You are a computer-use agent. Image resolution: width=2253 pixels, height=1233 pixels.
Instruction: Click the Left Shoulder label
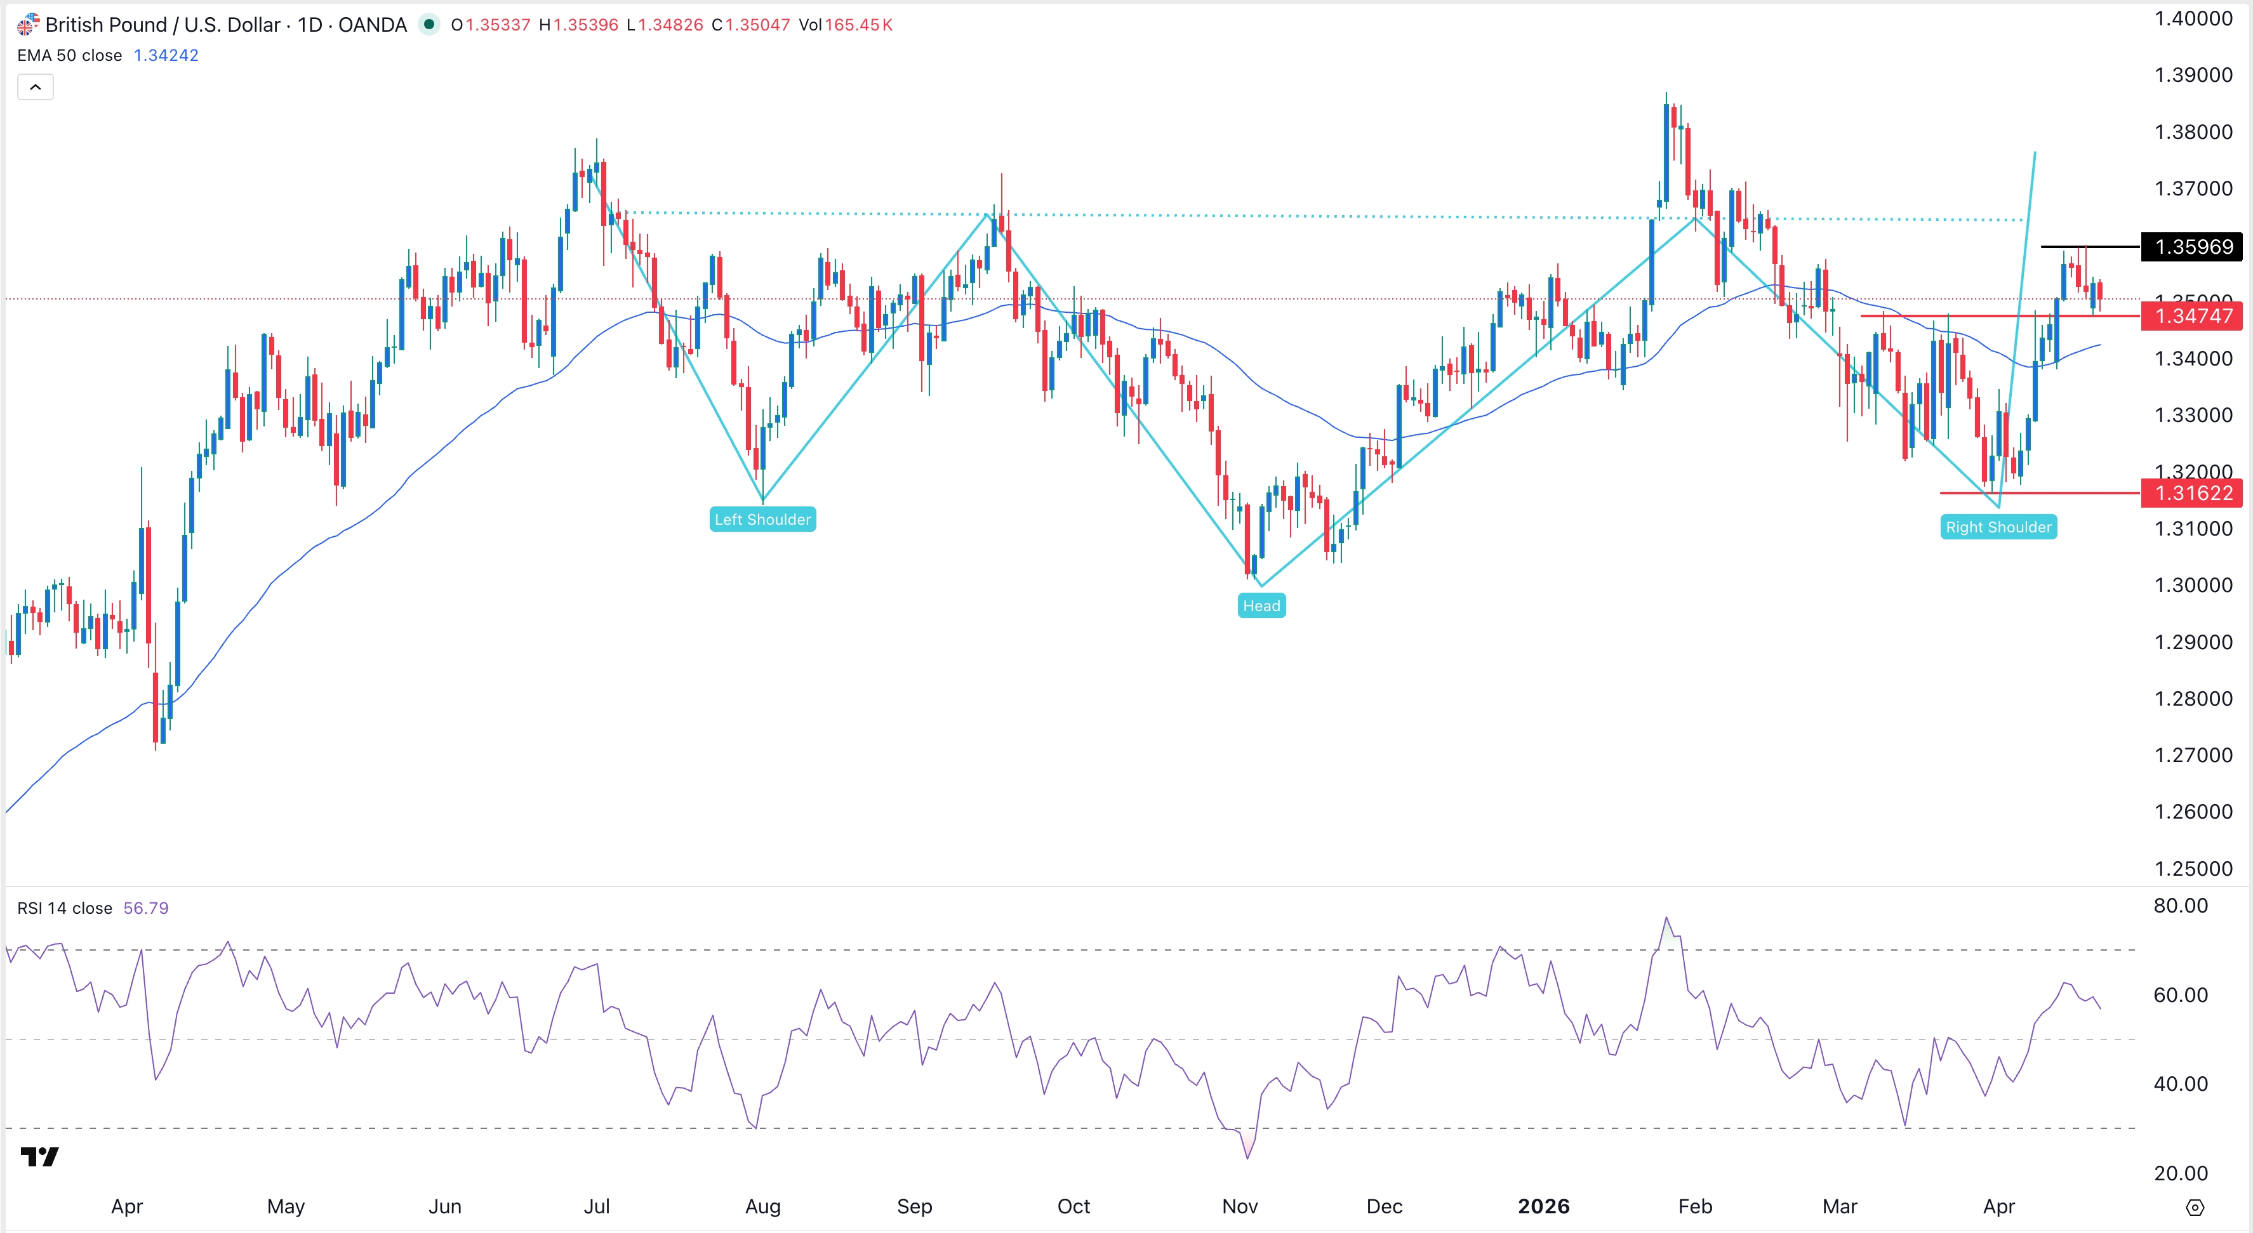[762, 520]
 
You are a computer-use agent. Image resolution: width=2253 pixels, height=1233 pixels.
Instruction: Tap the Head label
[1261, 606]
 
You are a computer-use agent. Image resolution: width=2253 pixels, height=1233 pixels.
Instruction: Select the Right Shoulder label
[1998, 527]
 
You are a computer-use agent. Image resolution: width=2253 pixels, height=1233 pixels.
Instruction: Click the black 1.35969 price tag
[2192, 247]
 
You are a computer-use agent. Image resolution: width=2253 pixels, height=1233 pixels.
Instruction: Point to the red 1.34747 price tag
[2192, 317]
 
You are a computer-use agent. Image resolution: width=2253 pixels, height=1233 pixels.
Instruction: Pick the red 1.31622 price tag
[2192, 493]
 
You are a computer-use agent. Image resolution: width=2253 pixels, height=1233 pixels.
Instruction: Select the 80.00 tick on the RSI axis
[2181, 906]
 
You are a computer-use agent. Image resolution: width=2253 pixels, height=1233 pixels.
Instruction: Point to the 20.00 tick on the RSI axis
[2181, 1173]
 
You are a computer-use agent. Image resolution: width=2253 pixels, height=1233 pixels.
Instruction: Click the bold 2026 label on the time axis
[1544, 1207]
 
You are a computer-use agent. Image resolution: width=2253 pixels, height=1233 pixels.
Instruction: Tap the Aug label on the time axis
[762, 1207]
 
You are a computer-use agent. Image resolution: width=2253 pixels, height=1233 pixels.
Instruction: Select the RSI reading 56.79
[146, 909]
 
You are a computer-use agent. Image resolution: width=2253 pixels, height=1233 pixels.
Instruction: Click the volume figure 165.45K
[858, 25]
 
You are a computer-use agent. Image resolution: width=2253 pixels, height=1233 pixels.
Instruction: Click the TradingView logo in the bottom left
[39, 1157]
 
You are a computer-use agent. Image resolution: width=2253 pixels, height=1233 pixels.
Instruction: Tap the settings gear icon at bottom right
[2195, 1208]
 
